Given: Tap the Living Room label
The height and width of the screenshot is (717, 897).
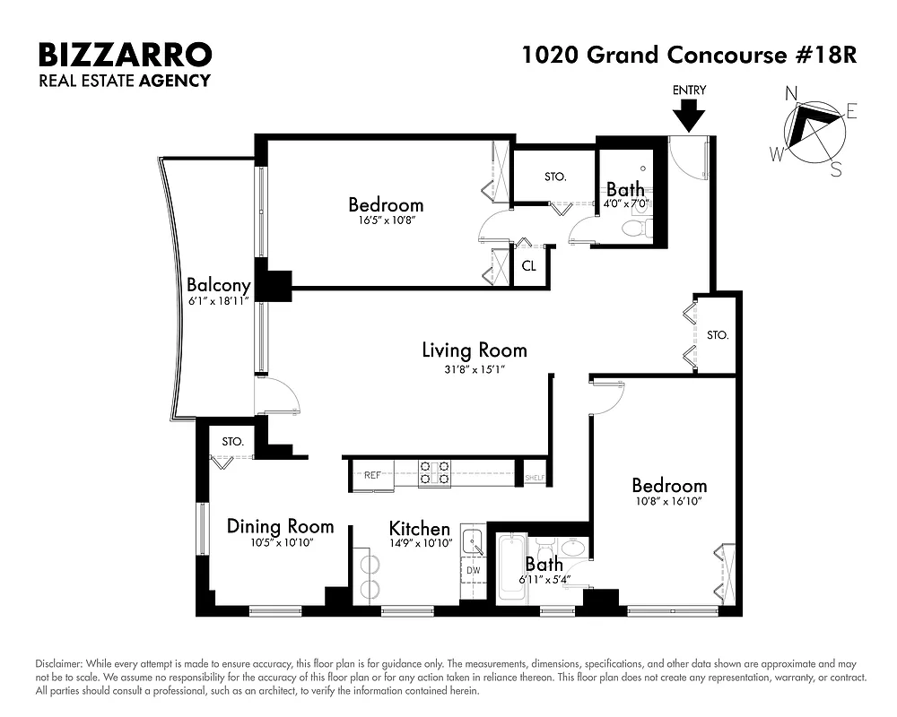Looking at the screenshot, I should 475,350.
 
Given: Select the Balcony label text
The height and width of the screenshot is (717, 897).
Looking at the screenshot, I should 218,286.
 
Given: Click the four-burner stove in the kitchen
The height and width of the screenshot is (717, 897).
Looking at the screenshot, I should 435,472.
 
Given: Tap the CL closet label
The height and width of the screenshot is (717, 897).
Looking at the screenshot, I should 529,266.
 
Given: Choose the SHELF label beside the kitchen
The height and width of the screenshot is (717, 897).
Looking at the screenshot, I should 535,478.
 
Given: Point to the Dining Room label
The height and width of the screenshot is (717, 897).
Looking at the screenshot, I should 280,526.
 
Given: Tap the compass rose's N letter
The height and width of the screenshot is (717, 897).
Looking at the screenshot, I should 792,93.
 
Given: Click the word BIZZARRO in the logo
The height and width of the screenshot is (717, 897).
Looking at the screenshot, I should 125,55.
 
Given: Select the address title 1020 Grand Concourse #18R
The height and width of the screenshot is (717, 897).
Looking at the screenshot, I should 690,55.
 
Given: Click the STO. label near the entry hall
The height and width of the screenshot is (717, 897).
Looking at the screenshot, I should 717,335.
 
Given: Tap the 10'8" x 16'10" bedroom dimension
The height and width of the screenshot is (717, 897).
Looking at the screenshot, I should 666,502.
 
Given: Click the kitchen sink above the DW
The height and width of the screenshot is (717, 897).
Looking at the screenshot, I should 473,542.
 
